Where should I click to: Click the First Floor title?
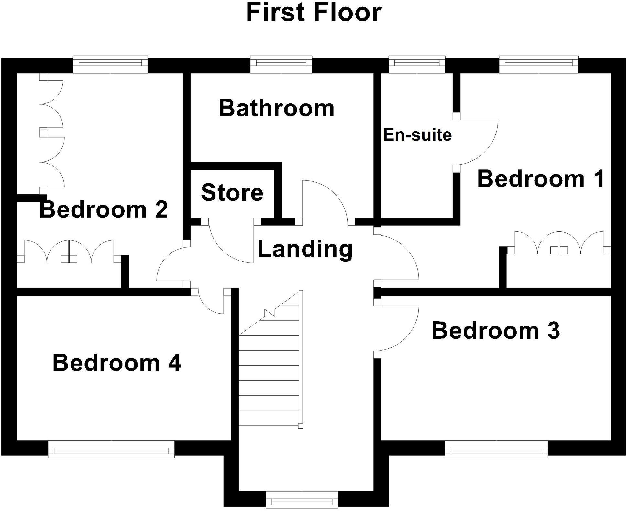[x=314, y=13]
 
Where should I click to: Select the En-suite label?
[x=417, y=135]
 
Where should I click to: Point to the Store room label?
[x=232, y=192]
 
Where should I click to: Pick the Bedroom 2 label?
[x=104, y=209]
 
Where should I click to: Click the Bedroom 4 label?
[x=116, y=363]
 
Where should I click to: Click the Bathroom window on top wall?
[x=281, y=64]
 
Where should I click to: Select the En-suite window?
[x=417, y=64]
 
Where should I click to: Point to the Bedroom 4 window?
[x=111, y=449]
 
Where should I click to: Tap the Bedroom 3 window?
[x=496, y=449]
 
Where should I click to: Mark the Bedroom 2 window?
[x=110, y=64]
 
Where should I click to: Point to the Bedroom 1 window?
[x=538, y=64]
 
